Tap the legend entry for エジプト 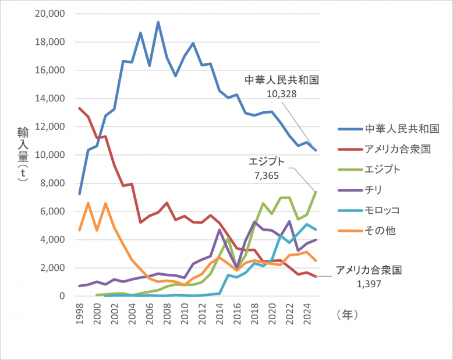coord(382,169)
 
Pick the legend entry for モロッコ coord(382,210)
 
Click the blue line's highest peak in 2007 coord(158,22)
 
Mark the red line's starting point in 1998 coord(80,108)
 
